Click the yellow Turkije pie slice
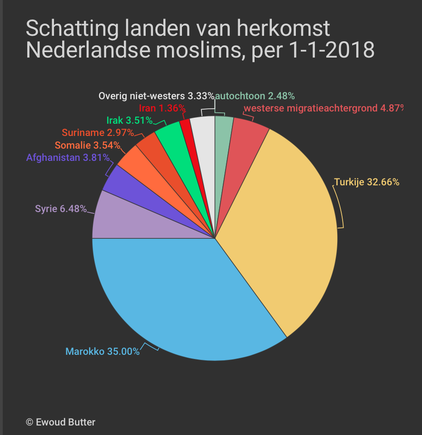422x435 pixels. point(281,227)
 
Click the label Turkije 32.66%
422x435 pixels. point(367,182)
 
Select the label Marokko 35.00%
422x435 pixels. point(103,351)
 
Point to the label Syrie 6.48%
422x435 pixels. point(61,209)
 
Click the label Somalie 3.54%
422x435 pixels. point(88,145)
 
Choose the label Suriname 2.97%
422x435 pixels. point(98,133)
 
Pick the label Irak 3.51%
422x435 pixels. point(129,121)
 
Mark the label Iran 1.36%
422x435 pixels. point(162,108)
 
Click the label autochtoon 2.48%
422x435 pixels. point(255,96)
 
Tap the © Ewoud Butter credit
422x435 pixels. point(61,422)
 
